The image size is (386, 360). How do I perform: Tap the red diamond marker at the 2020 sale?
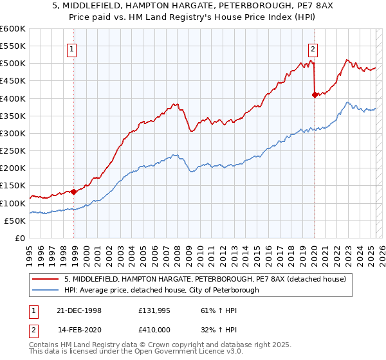point(315,95)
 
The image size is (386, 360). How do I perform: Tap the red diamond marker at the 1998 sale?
point(74,192)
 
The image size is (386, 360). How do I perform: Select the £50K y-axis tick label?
point(14,221)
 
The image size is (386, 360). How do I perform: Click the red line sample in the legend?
point(44,279)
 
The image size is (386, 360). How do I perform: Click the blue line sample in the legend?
point(44,290)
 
